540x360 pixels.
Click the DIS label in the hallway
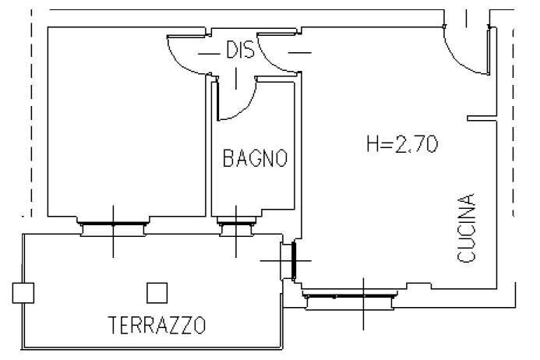coord(241,51)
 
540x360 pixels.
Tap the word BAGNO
coord(255,159)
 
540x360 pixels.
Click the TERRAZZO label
coord(157,324)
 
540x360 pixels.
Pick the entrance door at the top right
coord(468,51)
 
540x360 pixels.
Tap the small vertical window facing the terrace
coord(294,260)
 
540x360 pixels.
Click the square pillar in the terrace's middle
coord(157,292)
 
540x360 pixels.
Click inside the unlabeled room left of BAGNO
coord(125,125)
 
